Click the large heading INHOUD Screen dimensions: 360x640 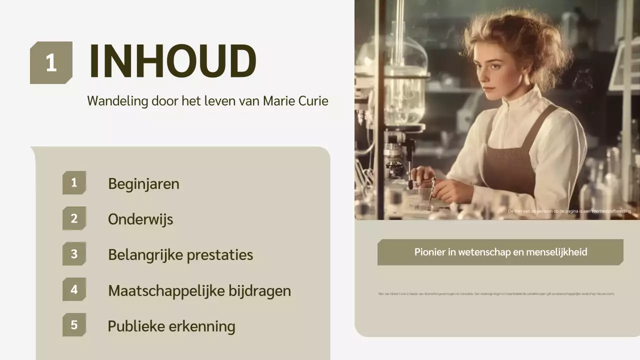pyautogui.click(x=172, y=61)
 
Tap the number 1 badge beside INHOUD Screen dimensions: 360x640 pyautogui.click(x=51, y=63)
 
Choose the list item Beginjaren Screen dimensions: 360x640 pyautogui.click(x=143, y=184)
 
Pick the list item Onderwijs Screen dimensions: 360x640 pyautogui.click(x=140, y=219)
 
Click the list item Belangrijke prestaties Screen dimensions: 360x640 pyautogui.click(x=180, y=255)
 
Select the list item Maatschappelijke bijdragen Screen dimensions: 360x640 pyautogui.click(x=199, y=290)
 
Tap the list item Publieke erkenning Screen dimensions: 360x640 pyautogui.click(x=171, y=326)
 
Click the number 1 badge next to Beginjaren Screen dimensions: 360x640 pyautogui.click(x=74, y=182)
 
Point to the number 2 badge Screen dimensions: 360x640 pyautogui.click(x=74, y=218)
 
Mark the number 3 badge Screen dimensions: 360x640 pyautogui.click(x=74, y=254)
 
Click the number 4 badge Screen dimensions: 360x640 pyautogui.click(x=74, y=289)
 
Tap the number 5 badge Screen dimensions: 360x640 pyautogui.click(x=74, y=325)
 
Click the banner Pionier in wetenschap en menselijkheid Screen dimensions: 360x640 pyautogui.click(x=500, y=252)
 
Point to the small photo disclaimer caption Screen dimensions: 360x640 pyautogui.click(x=569, y=211)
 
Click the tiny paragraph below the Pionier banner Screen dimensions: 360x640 pyautogui.click(x=496, y=294)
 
